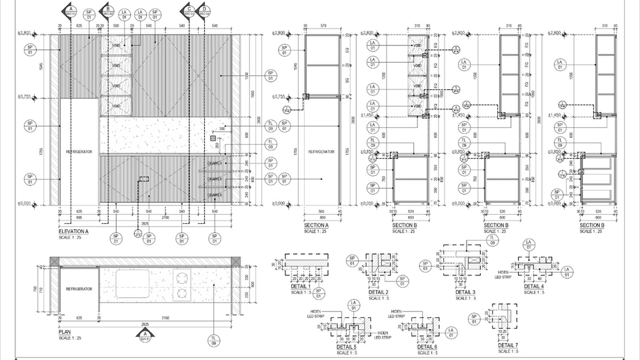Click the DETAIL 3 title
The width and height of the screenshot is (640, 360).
(x=465, y=292)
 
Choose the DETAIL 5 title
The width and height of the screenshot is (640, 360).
(x=346, y=347)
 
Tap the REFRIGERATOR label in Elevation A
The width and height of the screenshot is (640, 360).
(x=78, y=152)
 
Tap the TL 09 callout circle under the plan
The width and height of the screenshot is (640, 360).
(x=214, y=341)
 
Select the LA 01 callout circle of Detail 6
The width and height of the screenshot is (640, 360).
(x=451, y=331)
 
